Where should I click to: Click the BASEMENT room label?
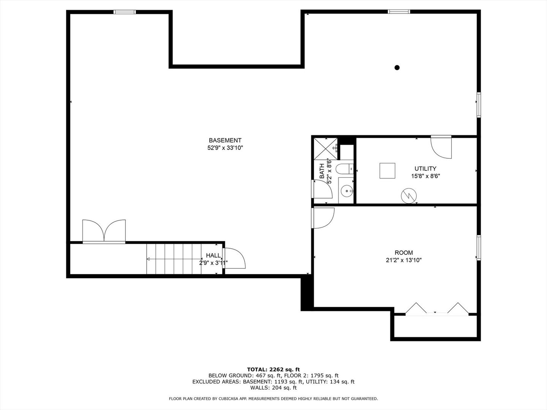click(x=225, y=140)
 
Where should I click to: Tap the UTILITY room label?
click(x=425, y=169)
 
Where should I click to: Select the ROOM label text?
click(x=404, y=253)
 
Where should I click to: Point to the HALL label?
click(x=213, y=255)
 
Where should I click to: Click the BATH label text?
click(x=322, y=171)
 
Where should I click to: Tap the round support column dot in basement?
click(x=397, y=68)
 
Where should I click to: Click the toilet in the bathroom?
click(x=345, y=169)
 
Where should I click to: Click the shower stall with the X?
click(x=326, y=148)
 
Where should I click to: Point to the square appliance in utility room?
click(x=387, y=171)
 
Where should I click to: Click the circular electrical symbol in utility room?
click(x=409, y=196)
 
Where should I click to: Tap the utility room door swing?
click(x=441, y=147)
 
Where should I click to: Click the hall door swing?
click(x=234, y=258)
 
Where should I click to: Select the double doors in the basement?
click(x=104, y=231)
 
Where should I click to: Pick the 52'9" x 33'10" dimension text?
click(x=225, y=148)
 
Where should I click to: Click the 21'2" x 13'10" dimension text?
click(x=404, y=260)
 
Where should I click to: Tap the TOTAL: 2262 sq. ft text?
click(x=273, y=369)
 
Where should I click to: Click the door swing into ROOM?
click(x=323, y=218)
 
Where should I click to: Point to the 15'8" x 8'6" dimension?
click(x=425, y=176)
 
